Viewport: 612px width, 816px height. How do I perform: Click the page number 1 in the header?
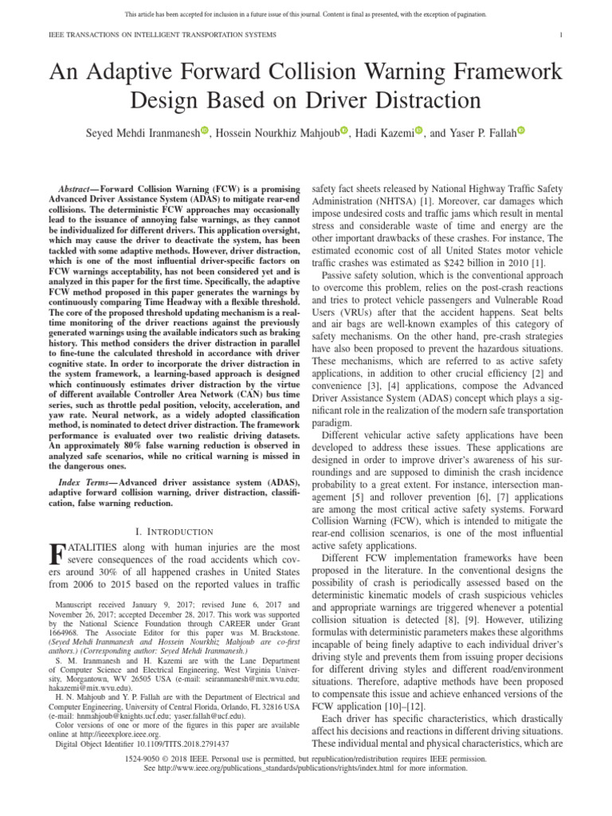562,36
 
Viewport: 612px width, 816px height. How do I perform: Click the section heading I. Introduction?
175,531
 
